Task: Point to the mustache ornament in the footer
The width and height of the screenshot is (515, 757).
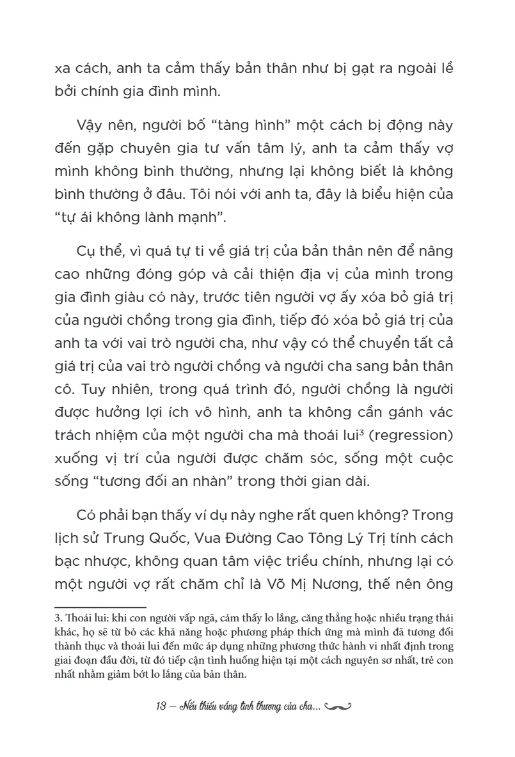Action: click(338, 707)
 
